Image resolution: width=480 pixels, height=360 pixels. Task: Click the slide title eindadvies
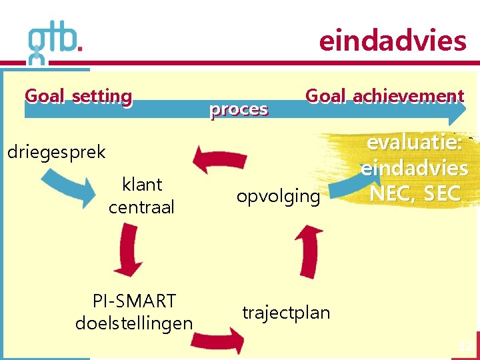click(392, 41)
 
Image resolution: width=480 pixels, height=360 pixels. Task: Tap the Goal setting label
click(78, 96)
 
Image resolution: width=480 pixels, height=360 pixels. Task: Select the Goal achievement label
click(384, 96)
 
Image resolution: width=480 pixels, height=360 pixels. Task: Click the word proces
click(239, 109)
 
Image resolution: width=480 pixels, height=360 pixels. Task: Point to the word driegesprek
click(56, 152)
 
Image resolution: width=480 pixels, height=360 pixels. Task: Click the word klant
click(142, 184)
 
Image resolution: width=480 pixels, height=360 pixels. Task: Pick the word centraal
click(141, 207)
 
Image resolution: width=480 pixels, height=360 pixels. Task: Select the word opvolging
click(278, 196)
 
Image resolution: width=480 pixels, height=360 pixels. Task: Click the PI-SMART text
click(134, 301)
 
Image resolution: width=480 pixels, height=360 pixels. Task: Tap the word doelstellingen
click(134, 323)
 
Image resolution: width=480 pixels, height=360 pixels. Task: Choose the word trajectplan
click(286, 312)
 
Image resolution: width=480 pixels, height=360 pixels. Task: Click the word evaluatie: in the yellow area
click(414, 143)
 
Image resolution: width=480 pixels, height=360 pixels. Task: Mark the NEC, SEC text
click(415, 193)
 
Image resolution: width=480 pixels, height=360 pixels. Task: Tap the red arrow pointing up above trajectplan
click(308, 250)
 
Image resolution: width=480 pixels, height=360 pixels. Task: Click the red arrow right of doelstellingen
click(217, 340)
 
